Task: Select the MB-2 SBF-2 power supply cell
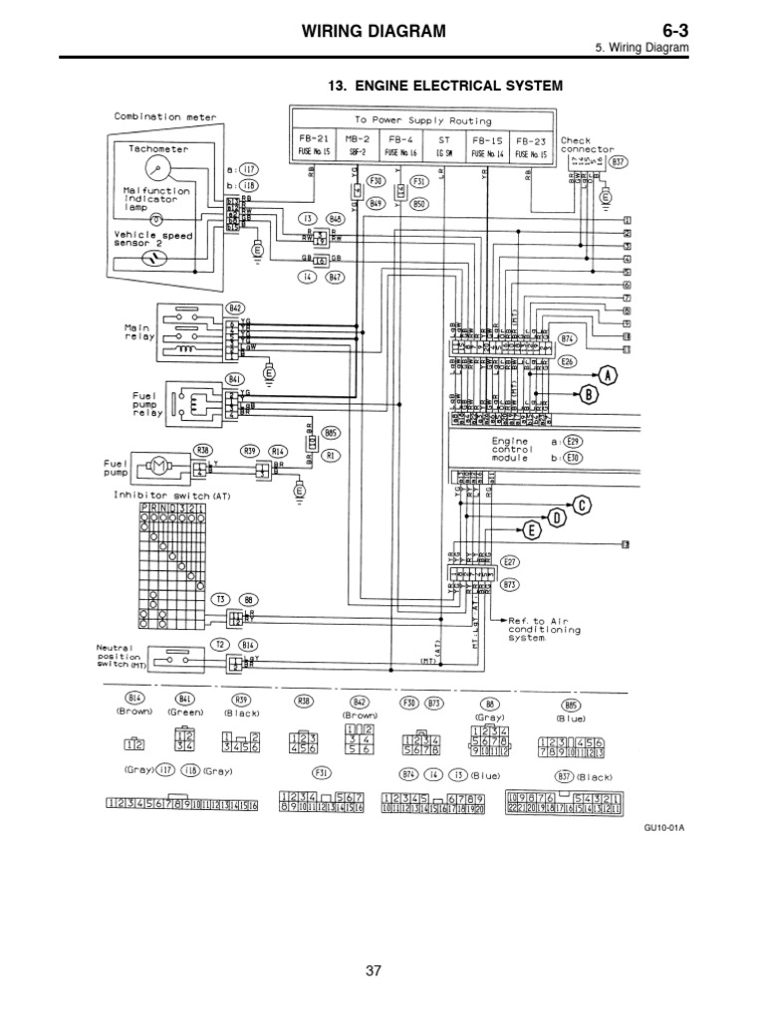click(x=357, y=146)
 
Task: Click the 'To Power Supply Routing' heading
click(x=417, y=117)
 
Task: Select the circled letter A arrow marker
click(x=608, y=373)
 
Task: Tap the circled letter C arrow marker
click(x=582, y=504)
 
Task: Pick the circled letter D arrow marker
click(x=557, y=516)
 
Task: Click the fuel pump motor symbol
click(x=158, y=466)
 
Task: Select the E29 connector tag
click(x=573, y=441)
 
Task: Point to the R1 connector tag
click(x=332, y=455)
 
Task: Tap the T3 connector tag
click(x=221, y=599)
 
